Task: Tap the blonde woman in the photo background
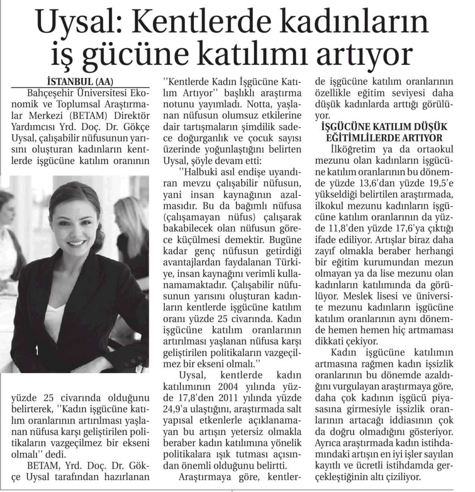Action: (132, 229)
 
